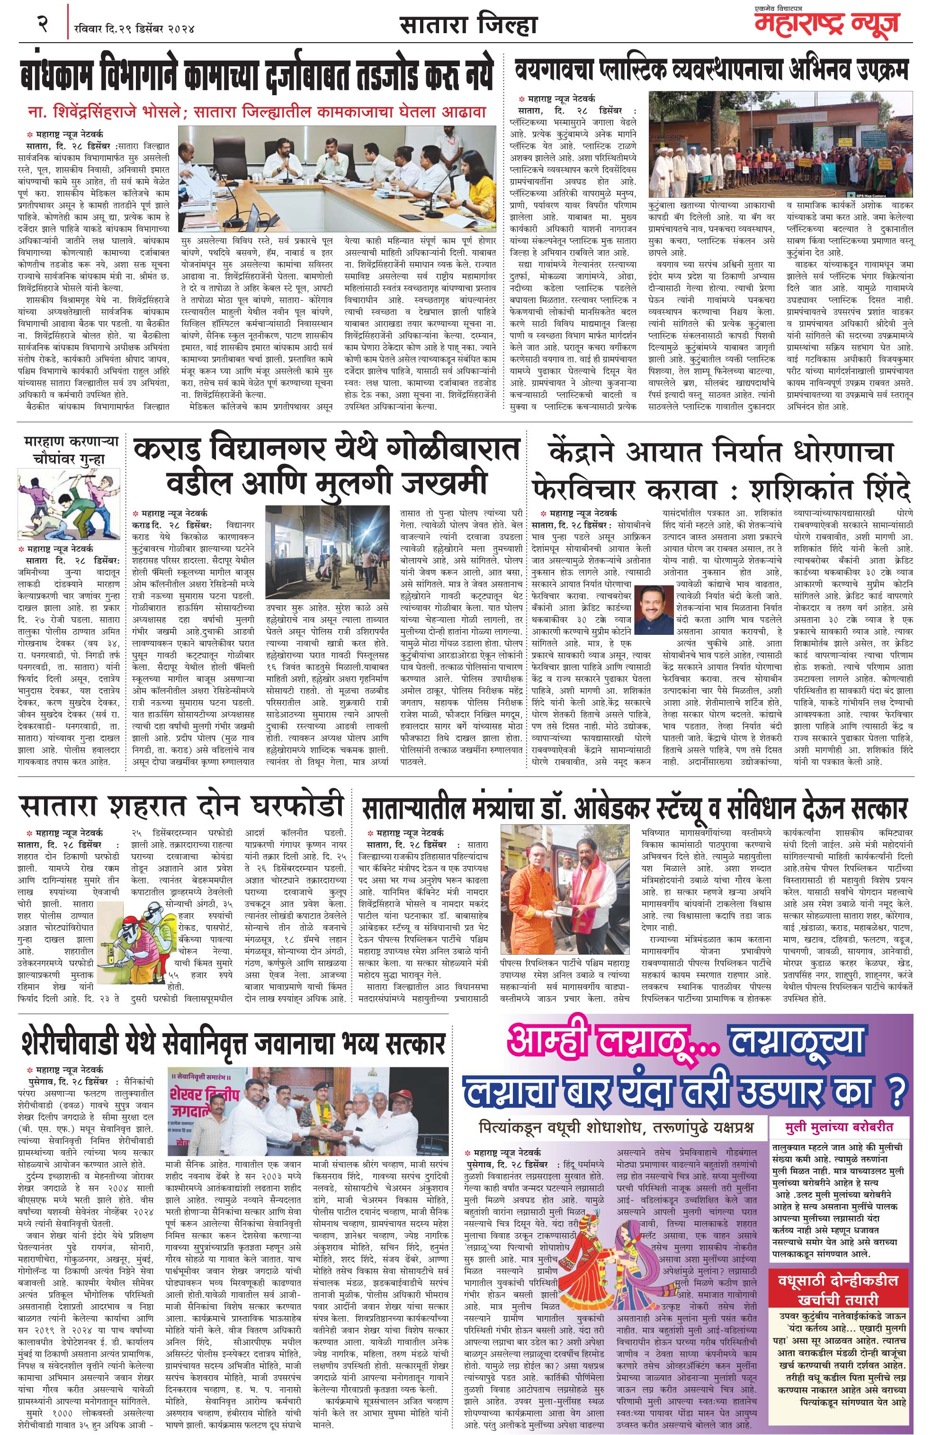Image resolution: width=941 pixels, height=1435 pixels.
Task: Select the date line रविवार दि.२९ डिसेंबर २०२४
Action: click(x=134, y=27)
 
